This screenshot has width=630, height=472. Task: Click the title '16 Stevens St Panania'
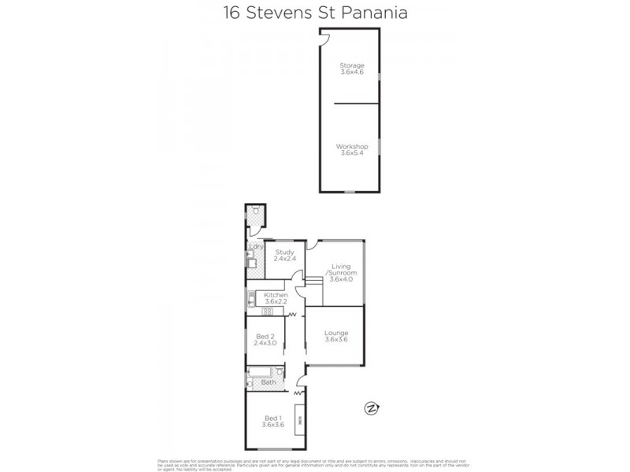(315, 14)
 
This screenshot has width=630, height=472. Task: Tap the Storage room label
(351, 65)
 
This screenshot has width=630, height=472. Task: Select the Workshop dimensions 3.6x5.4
(351, 154)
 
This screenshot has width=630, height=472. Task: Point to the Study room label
(283, 252)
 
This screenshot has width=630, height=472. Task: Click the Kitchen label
(276, 294)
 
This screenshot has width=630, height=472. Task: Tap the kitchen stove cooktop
(266, 312)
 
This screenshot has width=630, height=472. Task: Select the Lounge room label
(336, 333)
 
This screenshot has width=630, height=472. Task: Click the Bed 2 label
(265, 336)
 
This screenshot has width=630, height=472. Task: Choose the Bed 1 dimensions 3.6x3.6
(272, 425)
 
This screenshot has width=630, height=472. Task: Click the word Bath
(268, 383)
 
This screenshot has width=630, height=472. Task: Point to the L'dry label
(254, 246)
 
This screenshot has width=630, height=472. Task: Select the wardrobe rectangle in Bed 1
(298, 418)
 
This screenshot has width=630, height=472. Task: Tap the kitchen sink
(250, 298)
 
